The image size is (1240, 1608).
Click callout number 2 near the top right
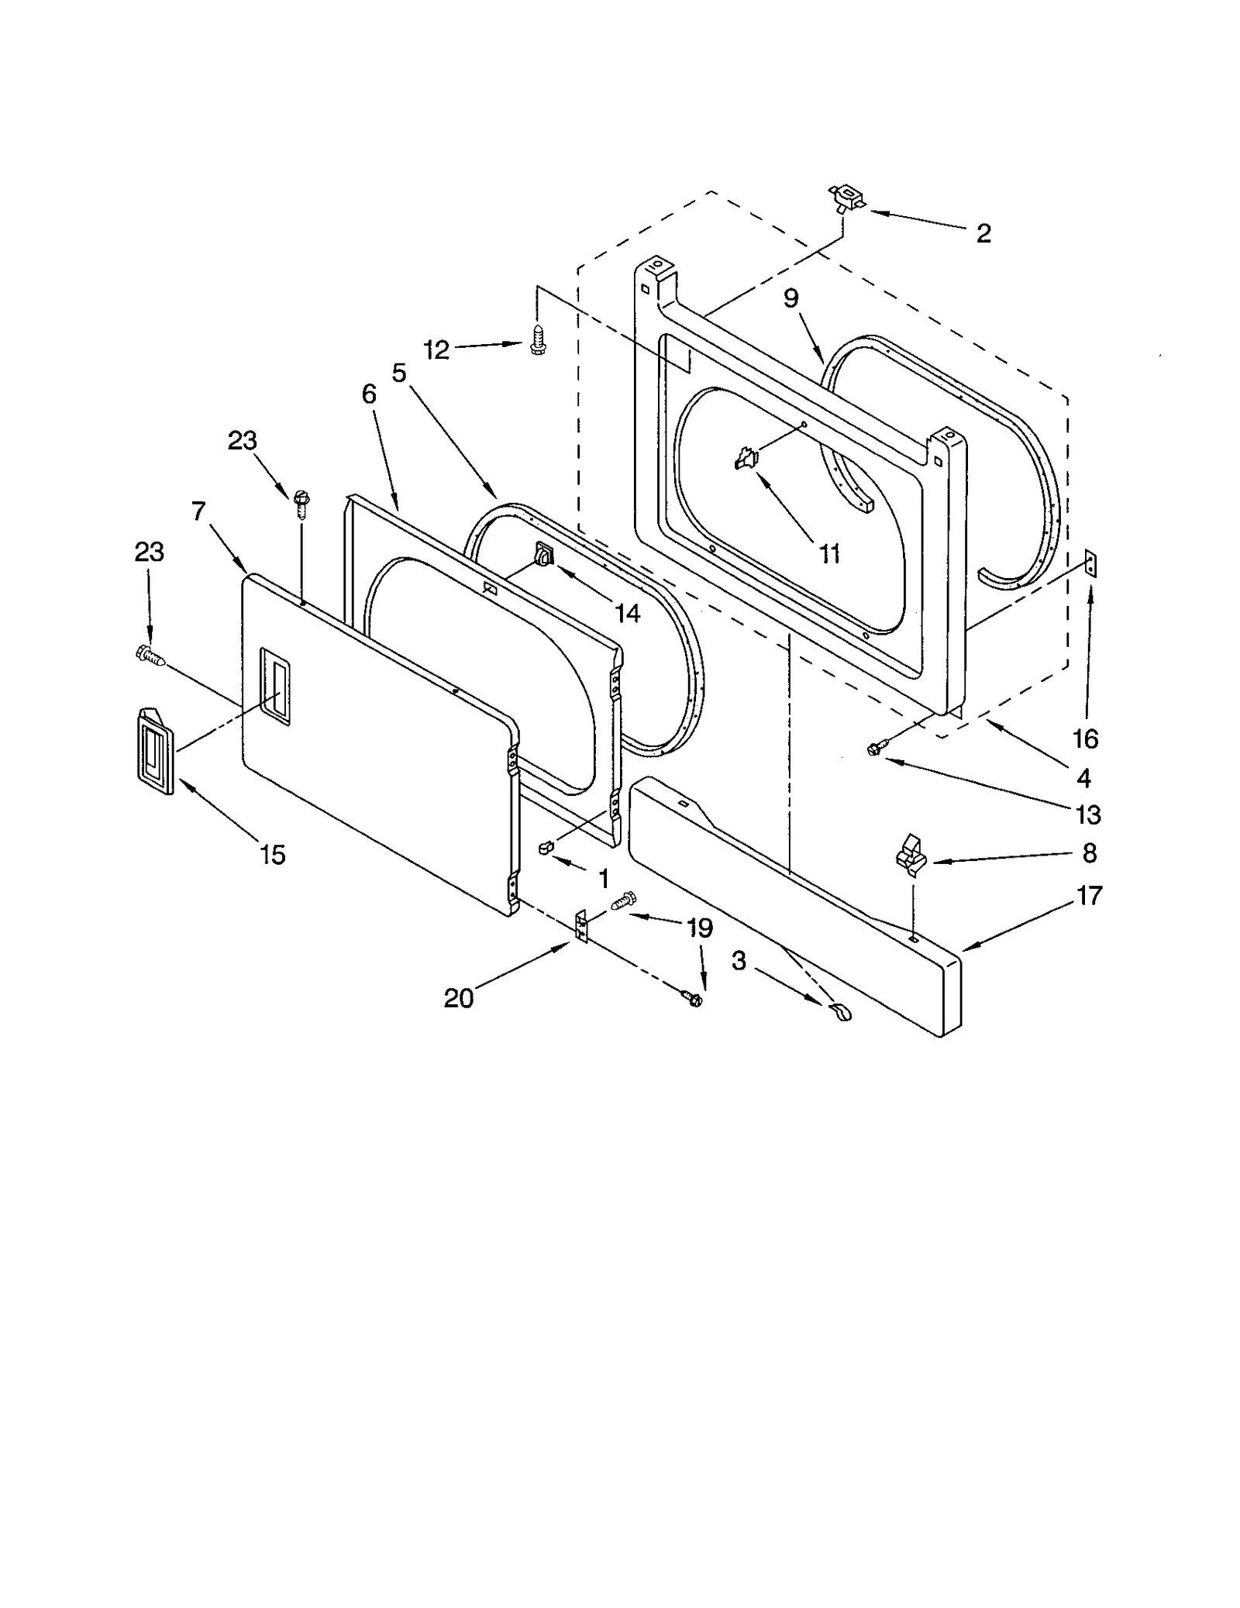pos(983,233)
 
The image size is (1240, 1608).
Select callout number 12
pos(436,349)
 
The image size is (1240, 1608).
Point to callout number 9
pos(790,298)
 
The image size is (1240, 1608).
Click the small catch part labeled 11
pos(746,458)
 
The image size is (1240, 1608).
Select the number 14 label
pos(627,613)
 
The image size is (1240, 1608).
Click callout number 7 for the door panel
pos(198,511)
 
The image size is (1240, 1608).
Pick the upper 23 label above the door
pos(242,440)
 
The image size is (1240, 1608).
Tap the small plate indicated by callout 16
pos(1091,563)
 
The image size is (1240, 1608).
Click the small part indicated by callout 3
pos(839,1011)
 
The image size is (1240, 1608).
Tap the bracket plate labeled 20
pos(581,926)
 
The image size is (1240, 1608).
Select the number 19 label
pos(700,927)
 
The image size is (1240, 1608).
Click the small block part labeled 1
pos(544,847)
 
